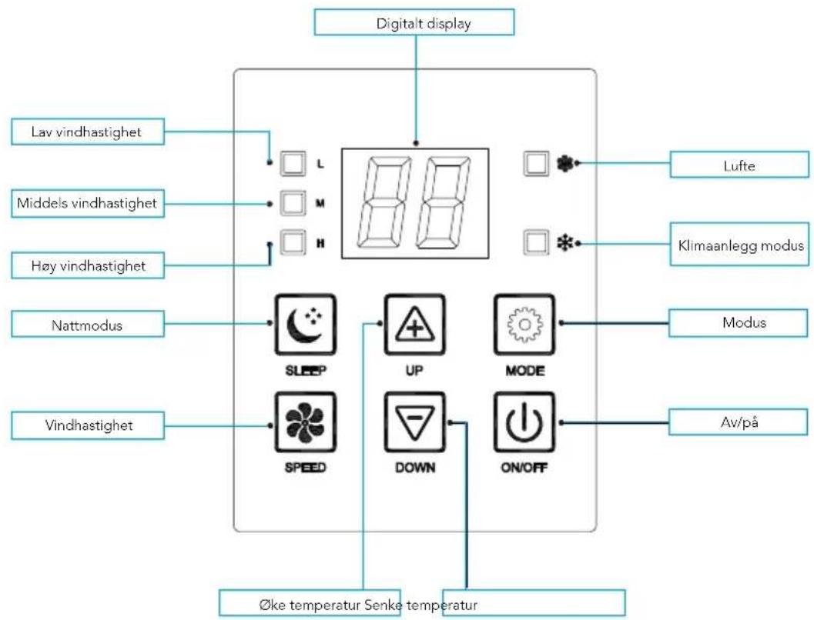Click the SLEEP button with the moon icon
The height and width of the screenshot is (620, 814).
306,324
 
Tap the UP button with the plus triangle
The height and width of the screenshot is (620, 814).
415,324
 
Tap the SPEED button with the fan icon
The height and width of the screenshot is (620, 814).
306,422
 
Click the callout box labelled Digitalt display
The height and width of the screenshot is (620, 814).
414,23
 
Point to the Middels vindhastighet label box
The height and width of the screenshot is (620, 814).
87,204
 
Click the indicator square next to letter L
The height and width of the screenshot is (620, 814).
293,163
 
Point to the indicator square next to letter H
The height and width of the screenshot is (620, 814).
293,243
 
